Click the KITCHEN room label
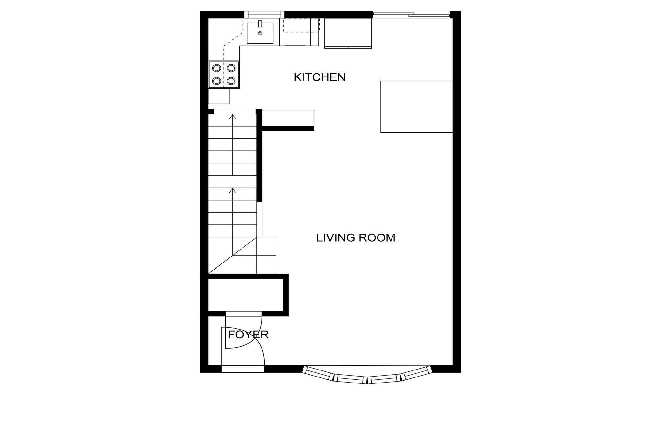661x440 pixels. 319,77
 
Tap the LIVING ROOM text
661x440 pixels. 356,237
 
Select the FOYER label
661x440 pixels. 248,335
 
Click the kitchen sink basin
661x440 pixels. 260,33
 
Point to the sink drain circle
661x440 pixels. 260,33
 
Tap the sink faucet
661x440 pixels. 260,24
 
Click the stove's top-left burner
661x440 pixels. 216,68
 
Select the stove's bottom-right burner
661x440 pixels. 231,81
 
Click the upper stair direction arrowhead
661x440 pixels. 233,117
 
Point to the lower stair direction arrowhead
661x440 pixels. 233,190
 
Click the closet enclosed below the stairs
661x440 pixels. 246,295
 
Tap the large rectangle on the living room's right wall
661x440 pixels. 416,107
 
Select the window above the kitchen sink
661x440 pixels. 264,15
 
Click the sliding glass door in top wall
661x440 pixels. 412,14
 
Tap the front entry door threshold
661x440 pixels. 243,369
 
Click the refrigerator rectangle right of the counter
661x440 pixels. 348,33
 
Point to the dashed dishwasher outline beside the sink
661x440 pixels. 301,25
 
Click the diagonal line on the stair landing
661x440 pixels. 233,255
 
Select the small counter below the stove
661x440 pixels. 219,96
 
